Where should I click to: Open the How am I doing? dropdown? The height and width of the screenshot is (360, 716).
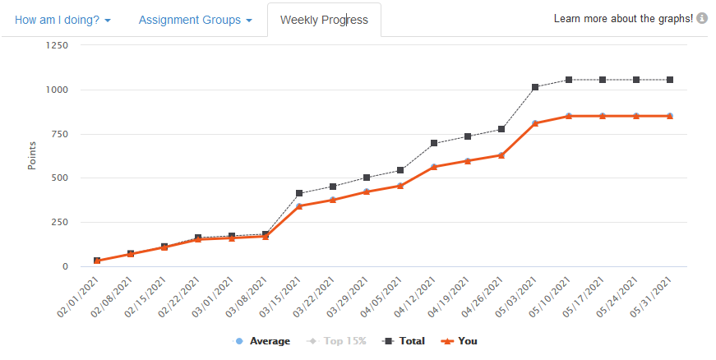tap(62, 20)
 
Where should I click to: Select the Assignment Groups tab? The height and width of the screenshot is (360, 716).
tap(195, 20)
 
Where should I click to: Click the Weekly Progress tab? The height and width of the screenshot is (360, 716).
tap(324, 20)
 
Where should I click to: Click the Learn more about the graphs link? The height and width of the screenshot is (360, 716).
tap(623, 18)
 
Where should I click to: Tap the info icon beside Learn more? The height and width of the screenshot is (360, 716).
tap(702, 18)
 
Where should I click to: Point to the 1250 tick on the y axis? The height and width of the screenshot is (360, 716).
tap(56, 45)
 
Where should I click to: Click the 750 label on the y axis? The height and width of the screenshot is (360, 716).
tap(59, 134)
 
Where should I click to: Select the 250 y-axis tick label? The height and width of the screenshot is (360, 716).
tap(59, 223)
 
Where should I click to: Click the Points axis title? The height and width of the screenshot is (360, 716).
tap(32, 156)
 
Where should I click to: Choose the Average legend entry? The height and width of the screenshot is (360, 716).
tap(263, 341)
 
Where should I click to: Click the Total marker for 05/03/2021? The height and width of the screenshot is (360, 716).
tap(535, 87)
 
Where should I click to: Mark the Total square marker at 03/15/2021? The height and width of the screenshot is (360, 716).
tap(299, 194)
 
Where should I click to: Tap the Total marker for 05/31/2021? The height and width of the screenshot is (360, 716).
tap(670, 80)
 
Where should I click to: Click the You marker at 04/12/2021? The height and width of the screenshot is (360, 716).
tap(434, 167)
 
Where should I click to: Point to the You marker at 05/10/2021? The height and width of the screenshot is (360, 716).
tap(569, 116)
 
